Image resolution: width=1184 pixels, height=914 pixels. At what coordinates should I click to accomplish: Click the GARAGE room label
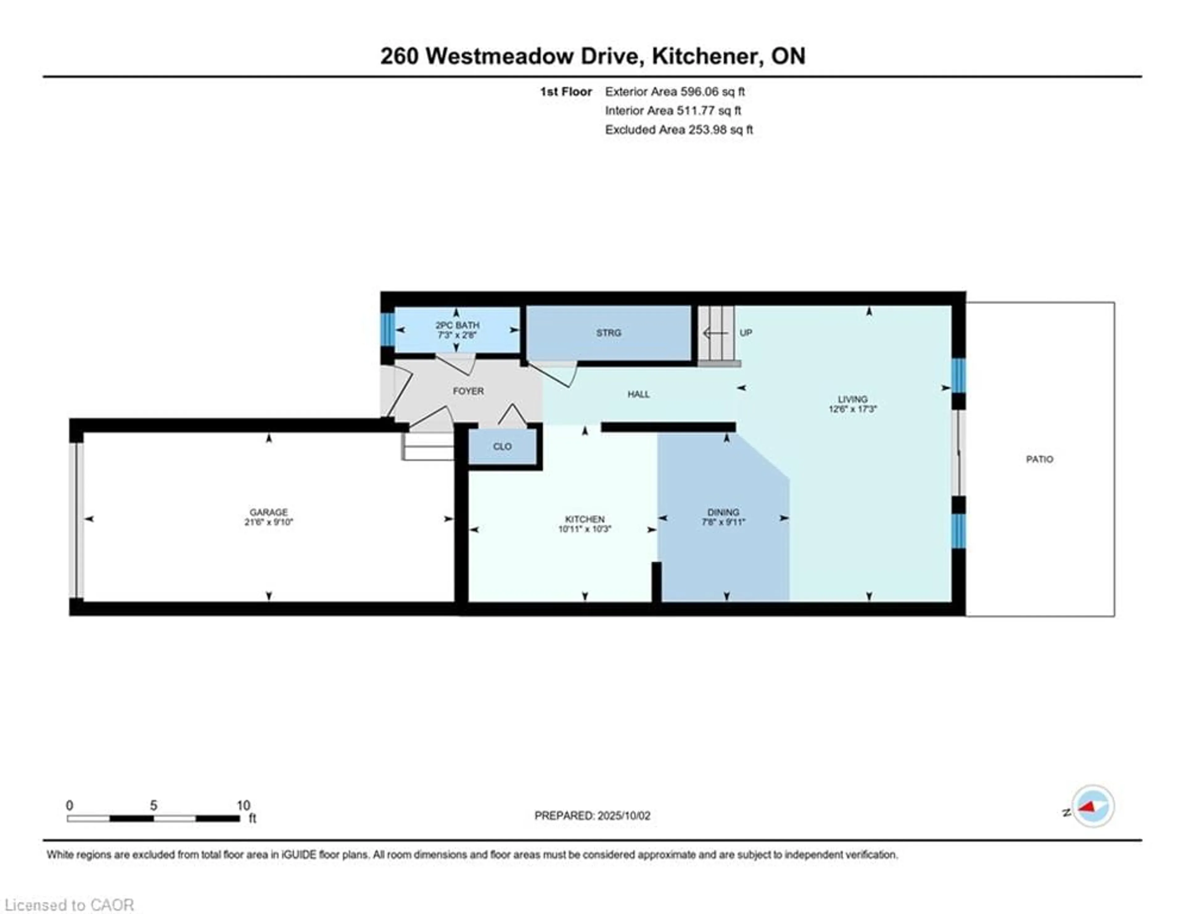[268, 512]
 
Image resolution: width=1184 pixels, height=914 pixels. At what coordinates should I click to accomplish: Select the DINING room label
[723, 512]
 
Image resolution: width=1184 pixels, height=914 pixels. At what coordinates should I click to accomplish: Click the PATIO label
[1039, 459]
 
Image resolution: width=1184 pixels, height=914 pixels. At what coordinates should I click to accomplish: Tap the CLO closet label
[502, 446]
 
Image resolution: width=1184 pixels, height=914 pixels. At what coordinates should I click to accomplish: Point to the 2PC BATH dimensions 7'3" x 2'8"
[457, 335]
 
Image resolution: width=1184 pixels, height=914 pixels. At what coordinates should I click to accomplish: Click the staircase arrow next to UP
[714, 333]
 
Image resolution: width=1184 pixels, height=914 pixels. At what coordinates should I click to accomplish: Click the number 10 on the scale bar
[243, 805]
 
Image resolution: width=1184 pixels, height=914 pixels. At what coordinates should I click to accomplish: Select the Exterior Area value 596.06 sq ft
[712, 92]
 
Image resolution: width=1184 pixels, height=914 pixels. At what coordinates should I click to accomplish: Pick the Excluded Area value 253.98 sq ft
[721, 130]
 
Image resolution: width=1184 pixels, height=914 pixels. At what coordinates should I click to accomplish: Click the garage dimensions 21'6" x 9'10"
[268, 522]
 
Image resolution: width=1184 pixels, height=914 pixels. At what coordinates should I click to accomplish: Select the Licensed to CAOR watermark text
[69, 905]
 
